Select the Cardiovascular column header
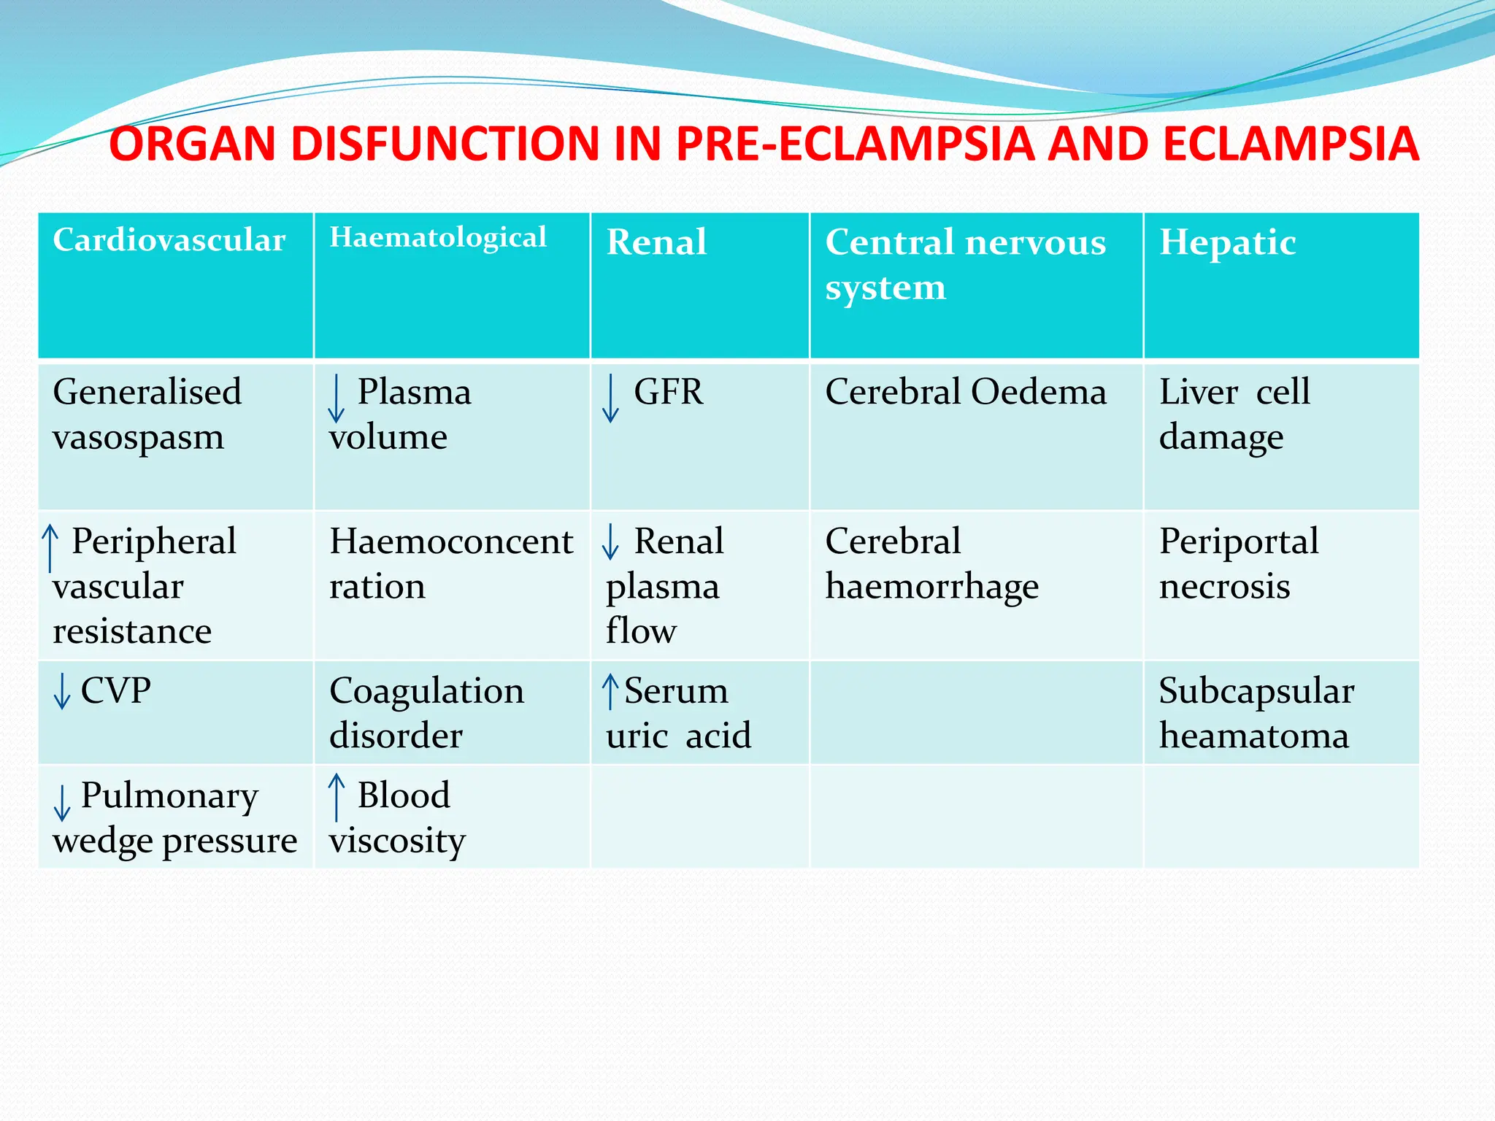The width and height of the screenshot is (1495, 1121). pyautogui.click(x=169, y=240)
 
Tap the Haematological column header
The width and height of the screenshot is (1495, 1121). pyautogui.click(x=438, y=237)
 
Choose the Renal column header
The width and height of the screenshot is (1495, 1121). pyautogui.click(x=656, y=242)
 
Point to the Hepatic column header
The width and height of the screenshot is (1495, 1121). pyautogui.click(x=1228, y=242)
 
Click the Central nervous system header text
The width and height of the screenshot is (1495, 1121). pyautogui.click(x=965, y=264)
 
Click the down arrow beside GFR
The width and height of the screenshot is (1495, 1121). pyautogui.click(x=611, y=398)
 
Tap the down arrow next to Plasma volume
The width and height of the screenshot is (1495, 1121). pyautogui.click(x=336, y=398)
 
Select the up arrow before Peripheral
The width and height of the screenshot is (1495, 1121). pyautogui.click(x=50, y=547)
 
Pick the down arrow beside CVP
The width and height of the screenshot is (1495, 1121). pyautogui.click(x=62, y=691)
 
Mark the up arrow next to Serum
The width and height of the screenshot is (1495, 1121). pyautogui.click(x=610, y=691)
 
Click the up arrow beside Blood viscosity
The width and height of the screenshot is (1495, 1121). pyautogui.click(x=336, y=797)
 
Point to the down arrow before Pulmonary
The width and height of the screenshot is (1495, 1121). pyautogui.click(x=62, y=802)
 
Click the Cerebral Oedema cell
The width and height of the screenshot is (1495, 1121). pyautogui.click(x=965, y=393)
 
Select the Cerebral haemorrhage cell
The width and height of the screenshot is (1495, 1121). pyautogui.click(x=931, y=563)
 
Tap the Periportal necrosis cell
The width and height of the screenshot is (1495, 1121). pyautogui.click(x=1239, y=563)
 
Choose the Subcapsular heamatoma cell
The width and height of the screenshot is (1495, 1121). pyautogui.click(x=1256, y=713)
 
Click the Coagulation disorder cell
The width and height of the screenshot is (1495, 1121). pyautogui.click(x=426, y=713)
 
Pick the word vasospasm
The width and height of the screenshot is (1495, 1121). pyautogui.click(x=138, y=438)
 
